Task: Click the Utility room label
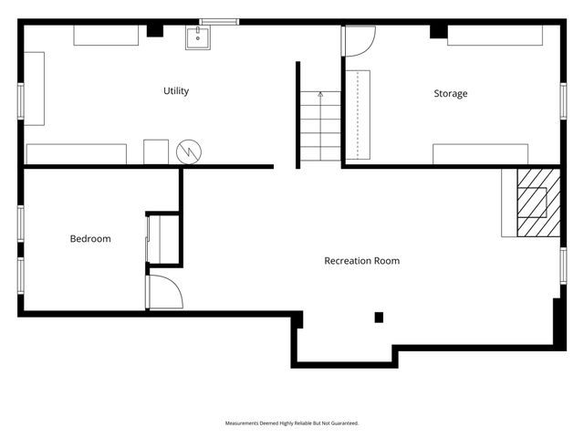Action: point(176,91)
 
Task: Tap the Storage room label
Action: point(451,93)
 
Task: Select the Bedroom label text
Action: point(90,238)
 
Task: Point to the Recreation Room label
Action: point(362,261)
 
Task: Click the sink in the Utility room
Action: point(198,37)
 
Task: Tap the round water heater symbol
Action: point(189,152)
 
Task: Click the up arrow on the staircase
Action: point(320,95)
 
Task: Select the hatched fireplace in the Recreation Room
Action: point(538,203)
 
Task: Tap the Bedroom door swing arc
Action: point(176,286)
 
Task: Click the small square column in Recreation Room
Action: point(379,318)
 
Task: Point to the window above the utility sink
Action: point(219,22)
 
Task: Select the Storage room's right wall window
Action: point(564,101)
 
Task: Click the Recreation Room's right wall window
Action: point(564,266)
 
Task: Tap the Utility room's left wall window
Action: point(21,101)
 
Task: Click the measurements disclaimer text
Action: point(292,423)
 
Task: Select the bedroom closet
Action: point(163,239)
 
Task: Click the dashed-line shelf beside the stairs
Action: point(358,115)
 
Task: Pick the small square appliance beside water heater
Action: point(156,152)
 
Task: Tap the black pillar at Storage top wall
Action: point(439,32)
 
